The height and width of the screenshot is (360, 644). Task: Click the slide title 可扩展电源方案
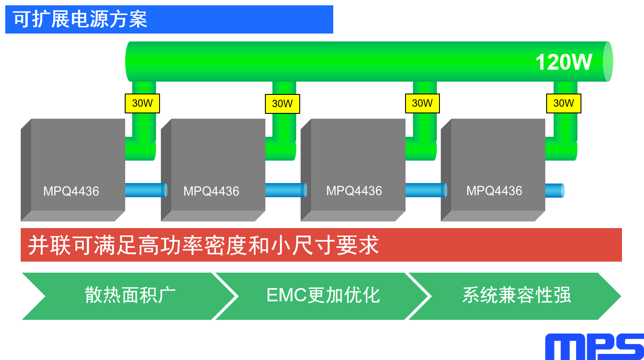click(x=80, y=19)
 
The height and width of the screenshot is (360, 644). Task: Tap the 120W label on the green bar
click(x=563, y=62)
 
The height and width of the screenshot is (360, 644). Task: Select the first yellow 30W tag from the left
click(x=142, y=103)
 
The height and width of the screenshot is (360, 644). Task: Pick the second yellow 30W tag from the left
click(x=282, y=104)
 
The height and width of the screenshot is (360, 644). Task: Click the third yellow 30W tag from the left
click(x=422, y=103)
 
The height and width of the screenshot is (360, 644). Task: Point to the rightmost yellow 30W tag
click(x=563, y=103)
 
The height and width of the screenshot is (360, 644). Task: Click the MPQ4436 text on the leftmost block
click(x=71, y=191)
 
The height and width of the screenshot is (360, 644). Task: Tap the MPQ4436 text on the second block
click(x=211, y=191)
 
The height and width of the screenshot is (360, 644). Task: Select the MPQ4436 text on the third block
click(x=354, y=191)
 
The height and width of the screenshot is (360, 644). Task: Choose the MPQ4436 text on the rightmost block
click(x=494, y=191)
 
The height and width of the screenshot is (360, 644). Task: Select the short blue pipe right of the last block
click(x=555, y=191)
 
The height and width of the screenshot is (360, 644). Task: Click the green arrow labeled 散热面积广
click(x=130, y=296)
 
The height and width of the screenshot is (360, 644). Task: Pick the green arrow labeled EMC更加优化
click(x=323, y=296)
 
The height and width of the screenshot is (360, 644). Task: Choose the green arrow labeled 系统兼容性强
click(x=516, y=296)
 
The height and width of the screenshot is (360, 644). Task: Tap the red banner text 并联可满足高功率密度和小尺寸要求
click(x=203, y=245)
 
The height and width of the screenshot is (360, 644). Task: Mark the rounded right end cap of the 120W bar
click(x=608, y=62)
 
